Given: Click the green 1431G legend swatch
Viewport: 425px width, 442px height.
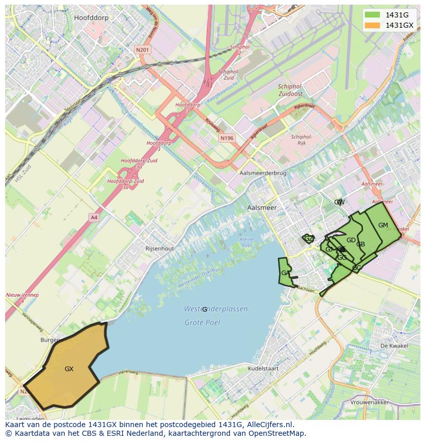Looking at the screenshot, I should pos(373,15).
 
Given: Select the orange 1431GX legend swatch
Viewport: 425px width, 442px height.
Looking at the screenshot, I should pos(373,25).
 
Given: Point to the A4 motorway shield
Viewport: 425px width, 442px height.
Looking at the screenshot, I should pos(94,217).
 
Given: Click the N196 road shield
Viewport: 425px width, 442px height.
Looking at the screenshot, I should pos(226,138).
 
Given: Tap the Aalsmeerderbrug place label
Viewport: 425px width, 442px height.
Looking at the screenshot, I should pos(263,174).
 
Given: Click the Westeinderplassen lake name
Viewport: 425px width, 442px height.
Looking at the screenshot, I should pos(216,309).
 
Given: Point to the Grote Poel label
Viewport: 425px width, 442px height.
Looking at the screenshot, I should pos(202,322).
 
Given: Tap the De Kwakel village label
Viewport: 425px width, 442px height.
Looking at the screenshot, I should pos(394,346).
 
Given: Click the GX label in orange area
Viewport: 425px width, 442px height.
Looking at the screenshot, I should pos(69,369).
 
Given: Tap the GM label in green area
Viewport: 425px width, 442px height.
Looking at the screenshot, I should pos(383,225).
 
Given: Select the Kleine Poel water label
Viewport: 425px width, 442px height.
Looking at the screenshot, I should pos(247,242).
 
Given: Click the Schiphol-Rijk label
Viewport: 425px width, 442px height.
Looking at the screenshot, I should pos(301,140).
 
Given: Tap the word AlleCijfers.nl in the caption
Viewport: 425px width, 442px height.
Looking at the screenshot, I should pos(268,425).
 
